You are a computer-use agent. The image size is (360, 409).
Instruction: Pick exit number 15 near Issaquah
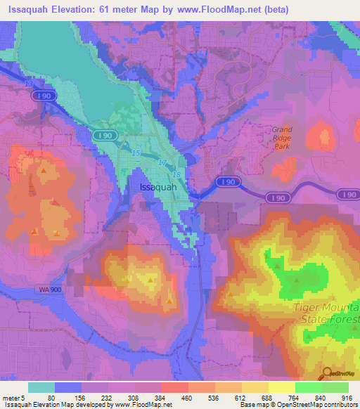tap(136, 152)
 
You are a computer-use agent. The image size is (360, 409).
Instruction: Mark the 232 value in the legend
tap(124, 397)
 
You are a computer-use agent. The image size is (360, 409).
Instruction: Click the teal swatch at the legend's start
tap(41, 387)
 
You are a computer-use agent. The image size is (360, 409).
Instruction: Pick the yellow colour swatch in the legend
tap(282, 387)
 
